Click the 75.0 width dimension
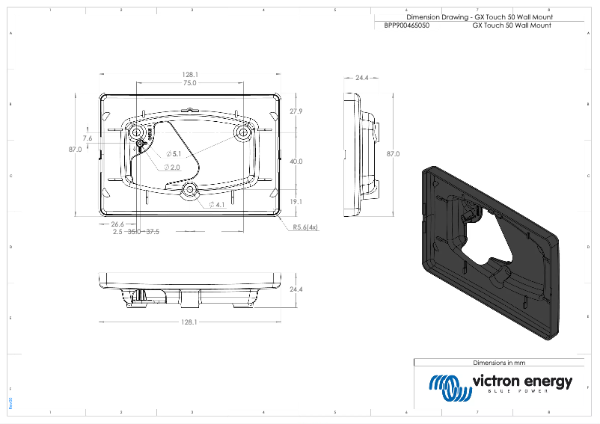pyautogui.click(x=190, y=83)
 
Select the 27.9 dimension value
pyautogui.click(x=296, y=111)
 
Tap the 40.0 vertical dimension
pyautogui.click(x=296, y=162)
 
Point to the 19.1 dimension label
pyautogui.click(x=296, y=201)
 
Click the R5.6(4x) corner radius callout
pyautogui.click(x=305, y=227)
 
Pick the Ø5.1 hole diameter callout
pyautogui.click(x=174, y=153)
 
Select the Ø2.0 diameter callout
pyautogui.click(x=172, y=167)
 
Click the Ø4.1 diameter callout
pyautogui.click(x=217, y=204)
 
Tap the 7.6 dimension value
pyautogui.click(x=88, y=138)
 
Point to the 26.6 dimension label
pyautogui.click(x=117, y=224)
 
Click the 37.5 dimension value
pyautogui.click(x=153, y=232)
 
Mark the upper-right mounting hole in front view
pyautogui.click(x=242, y=131)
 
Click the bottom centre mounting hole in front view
pyautogui.click(x=190, y=191)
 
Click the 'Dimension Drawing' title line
pyautogui.click(x=479, y=16)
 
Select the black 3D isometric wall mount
pyautogui.click(x=490, y=254)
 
